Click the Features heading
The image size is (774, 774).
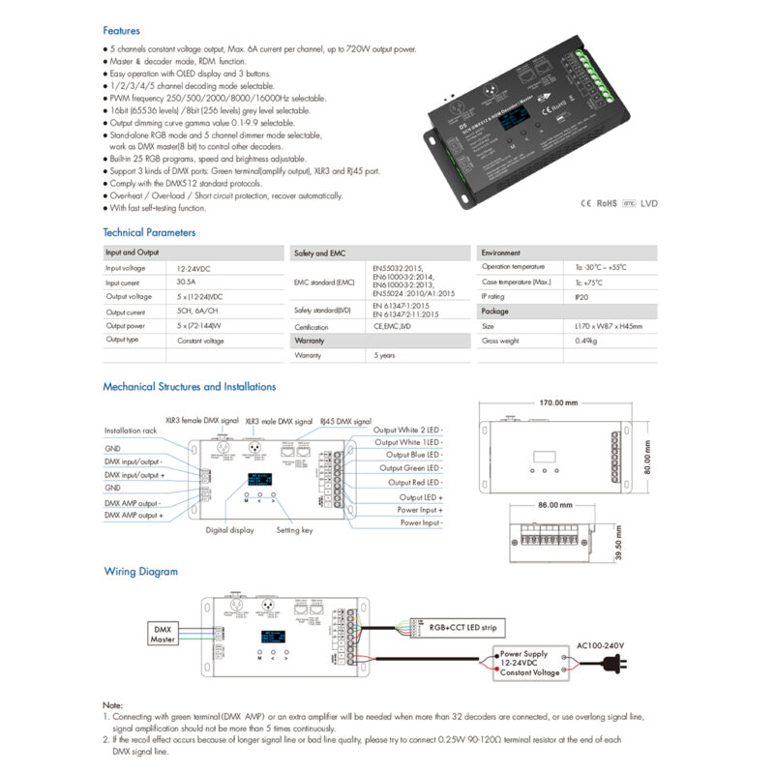[x=121, y=31]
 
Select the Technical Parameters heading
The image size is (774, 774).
[x=149, y=232]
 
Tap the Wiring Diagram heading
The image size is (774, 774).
[x=142, y=571]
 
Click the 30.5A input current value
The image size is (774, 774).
[x=188, y=282]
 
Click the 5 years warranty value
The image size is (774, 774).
[x=384, y=356]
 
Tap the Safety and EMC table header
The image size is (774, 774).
[x=319, y=253]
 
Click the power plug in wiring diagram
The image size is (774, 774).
[x=612, y=665]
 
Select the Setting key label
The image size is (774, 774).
[x=294, y=530]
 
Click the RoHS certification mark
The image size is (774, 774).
[x=607, y=204]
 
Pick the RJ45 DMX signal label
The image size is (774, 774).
[x=345, y=422]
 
